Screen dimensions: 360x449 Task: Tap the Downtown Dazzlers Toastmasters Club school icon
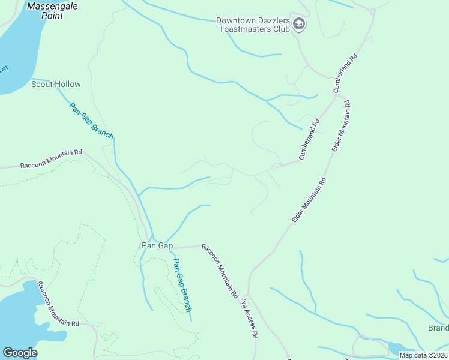[300, 24]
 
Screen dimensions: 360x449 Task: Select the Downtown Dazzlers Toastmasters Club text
[255, 24]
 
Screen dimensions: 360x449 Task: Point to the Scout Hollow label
[56, 85]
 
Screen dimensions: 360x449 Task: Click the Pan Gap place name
[157, 246]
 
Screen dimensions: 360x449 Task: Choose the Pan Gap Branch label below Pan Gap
[182, 285]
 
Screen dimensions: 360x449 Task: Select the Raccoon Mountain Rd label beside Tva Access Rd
[220, 272]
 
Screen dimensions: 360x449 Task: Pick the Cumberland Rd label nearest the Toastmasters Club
[345, 73]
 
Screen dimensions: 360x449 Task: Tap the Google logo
[20, 353]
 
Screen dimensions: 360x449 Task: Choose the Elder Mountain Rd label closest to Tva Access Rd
[309, 200]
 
